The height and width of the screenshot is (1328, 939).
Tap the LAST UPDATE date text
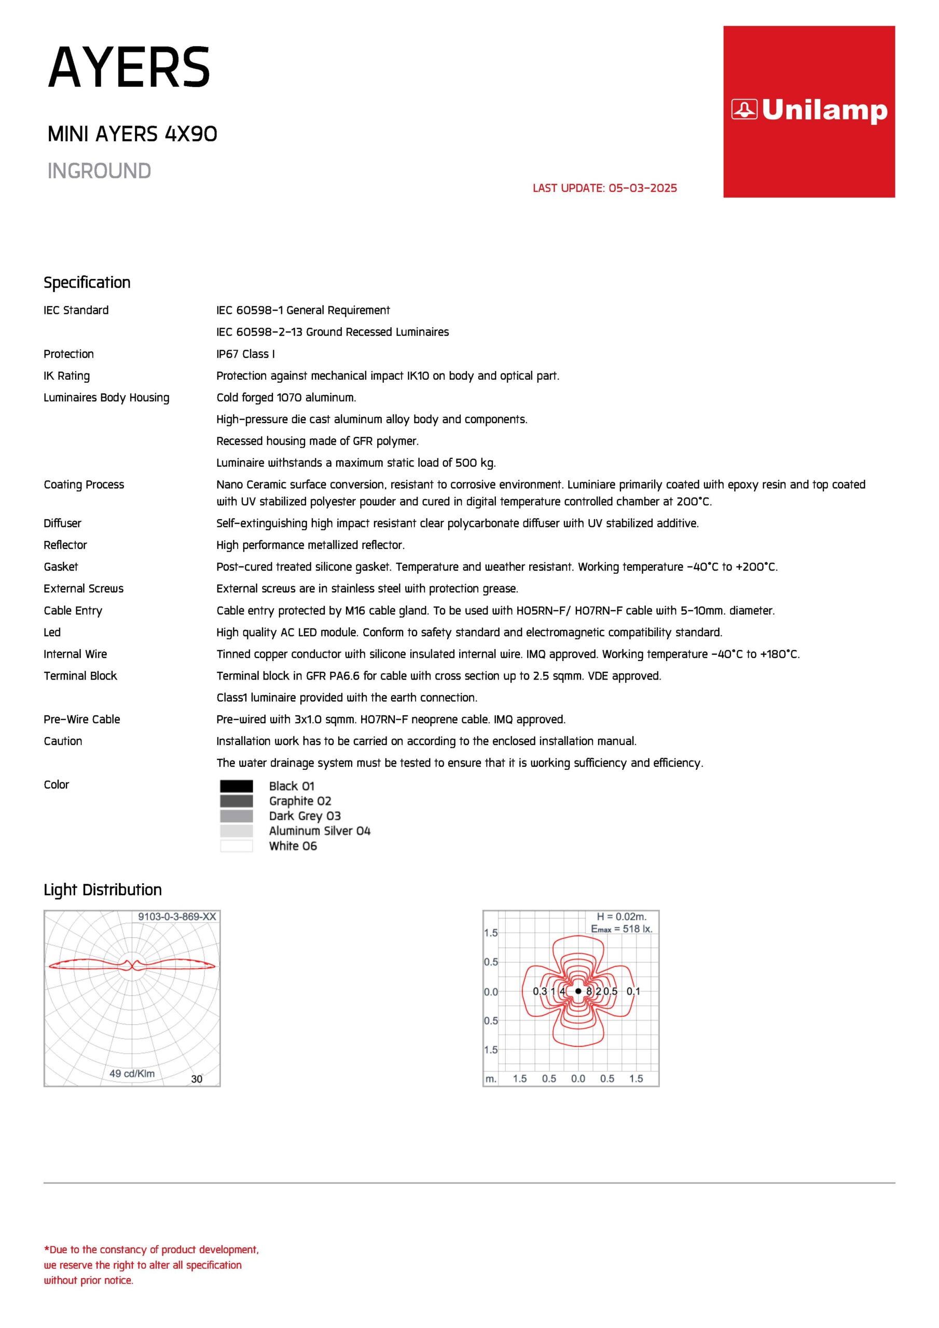click(604, 188)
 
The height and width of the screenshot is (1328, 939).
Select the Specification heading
click(87, 282)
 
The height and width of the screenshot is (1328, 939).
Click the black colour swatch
click(236, 786)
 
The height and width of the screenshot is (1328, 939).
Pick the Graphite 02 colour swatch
click(236, 801)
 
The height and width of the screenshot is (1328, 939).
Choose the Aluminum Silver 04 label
click(320, 831)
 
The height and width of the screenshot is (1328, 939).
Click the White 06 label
click(293, 846)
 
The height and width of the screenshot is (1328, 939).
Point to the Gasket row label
click(61, 567)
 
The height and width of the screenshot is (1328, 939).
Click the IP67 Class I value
click(245, 354)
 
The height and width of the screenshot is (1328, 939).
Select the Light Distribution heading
click(102, 890)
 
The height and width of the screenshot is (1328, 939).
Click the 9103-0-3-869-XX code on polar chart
click(176, 917)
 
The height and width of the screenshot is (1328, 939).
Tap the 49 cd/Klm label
click(132, 1073)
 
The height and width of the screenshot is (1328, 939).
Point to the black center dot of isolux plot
click(578, 991)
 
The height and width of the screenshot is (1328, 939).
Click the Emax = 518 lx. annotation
click(622, 929)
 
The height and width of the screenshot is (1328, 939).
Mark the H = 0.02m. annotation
click(622, 917)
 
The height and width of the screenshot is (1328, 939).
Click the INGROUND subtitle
click(99, 171)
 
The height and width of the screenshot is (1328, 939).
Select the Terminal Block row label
click(80, 675)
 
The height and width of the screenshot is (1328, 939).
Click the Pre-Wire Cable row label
click(81, 719)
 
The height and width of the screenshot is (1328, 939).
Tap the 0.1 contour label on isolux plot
click(633, 991)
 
